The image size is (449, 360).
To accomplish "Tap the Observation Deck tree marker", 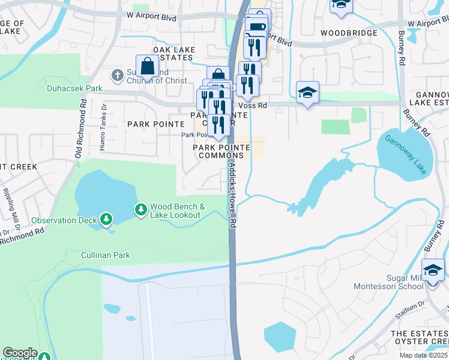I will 106,220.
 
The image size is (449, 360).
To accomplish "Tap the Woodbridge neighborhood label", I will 349,32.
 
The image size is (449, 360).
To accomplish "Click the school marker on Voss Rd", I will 307,92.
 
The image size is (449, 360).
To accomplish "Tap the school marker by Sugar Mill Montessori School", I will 433,270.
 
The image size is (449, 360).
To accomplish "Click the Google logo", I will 20,353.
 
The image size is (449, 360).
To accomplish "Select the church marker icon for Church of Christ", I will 118,76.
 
